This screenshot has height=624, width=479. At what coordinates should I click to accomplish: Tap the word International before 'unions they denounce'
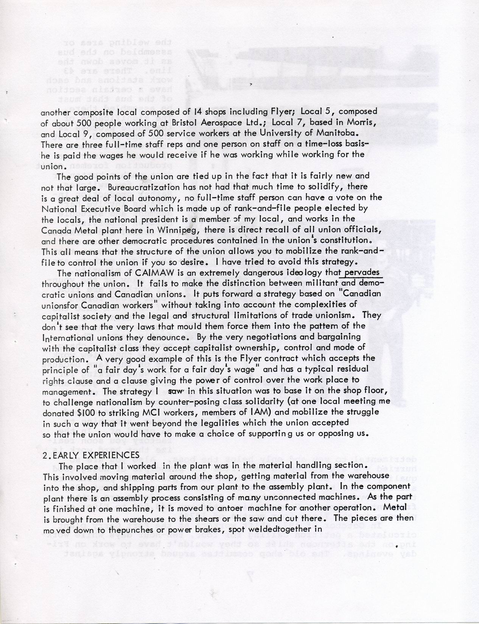71,337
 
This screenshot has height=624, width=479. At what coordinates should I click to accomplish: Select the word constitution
347,241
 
